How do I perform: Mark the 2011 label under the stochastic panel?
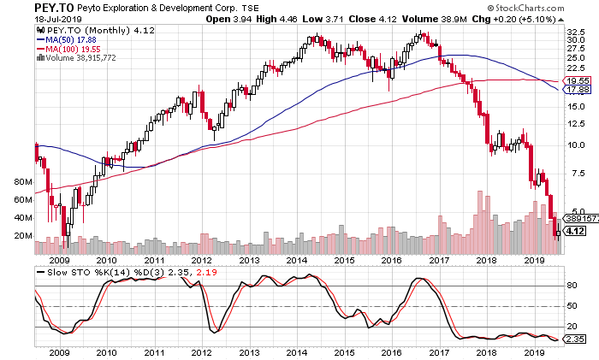154,351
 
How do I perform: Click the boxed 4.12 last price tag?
575,230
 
